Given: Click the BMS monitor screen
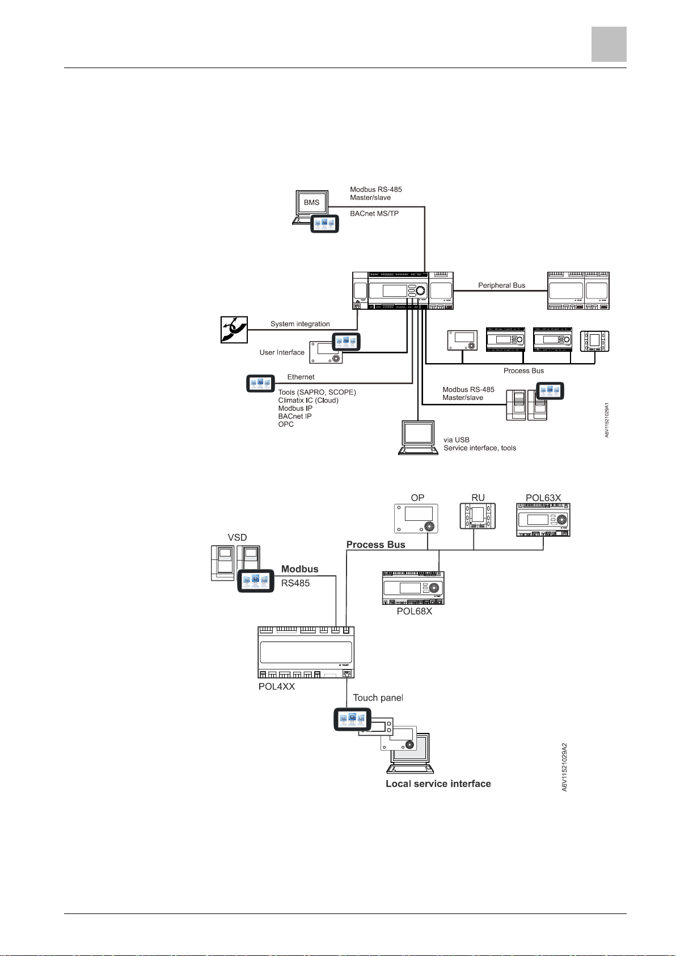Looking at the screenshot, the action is [312, 203].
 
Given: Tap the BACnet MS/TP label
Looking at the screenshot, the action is [374, 213].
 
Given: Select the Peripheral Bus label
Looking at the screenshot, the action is [501, 285].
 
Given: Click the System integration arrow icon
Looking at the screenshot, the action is [234, 330].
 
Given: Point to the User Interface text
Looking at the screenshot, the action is [282, 352].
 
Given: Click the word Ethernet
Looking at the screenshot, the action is [301, 377].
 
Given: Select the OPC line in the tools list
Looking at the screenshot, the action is [286, 424].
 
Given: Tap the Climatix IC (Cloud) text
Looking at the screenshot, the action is [308, 401].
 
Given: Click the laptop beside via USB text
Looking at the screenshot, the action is [418, 437].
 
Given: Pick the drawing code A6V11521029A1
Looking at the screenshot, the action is [606, 420].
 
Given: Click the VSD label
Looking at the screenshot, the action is [237, 537].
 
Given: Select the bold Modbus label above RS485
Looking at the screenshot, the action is [300, 569].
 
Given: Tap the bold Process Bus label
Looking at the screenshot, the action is [376, 545].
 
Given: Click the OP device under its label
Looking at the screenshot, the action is [416, 518].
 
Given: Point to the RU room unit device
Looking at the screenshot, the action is [478, 516].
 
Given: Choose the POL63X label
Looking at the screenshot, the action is [543, 498].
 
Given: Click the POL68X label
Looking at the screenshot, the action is [414, 611].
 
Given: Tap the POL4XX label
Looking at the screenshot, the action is [277, 687].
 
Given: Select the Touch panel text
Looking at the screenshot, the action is [378, 698].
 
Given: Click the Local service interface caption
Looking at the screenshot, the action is [438, 784].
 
